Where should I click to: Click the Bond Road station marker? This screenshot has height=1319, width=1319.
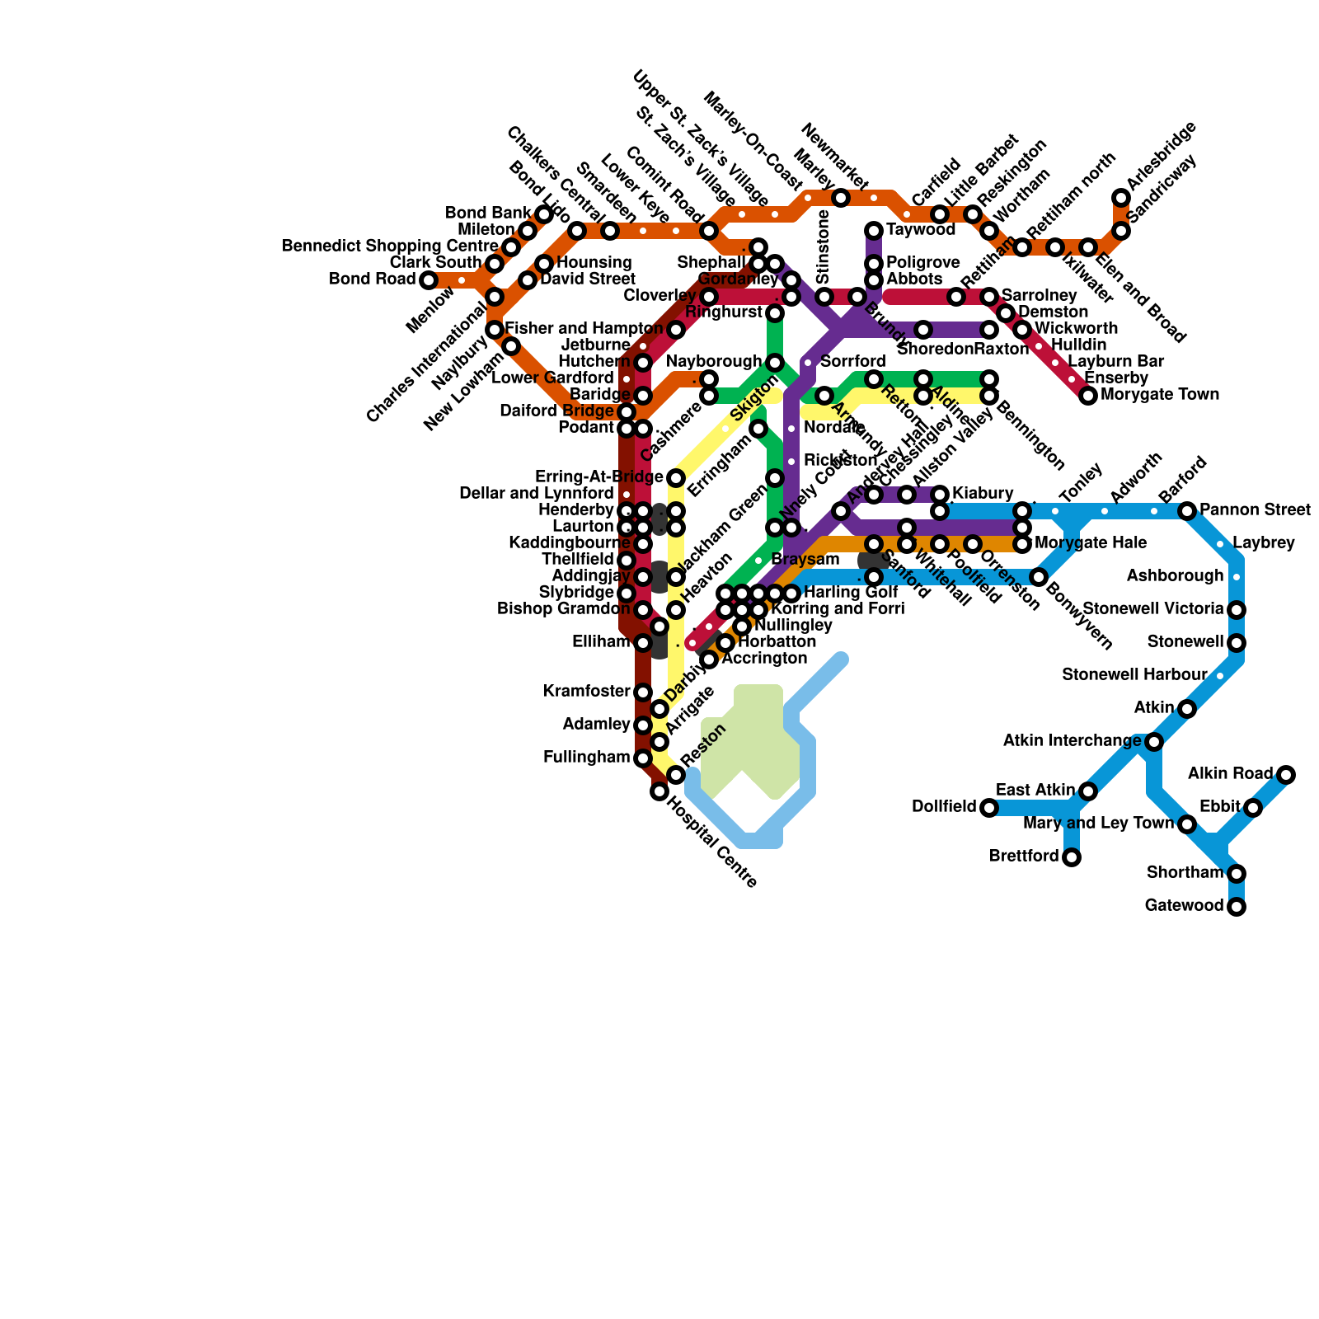point(429,280)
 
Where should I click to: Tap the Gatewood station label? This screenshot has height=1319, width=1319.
point(1184,906)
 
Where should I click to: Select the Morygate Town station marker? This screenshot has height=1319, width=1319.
point(1088,396)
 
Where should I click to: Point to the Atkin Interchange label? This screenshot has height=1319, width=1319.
point(1072,741)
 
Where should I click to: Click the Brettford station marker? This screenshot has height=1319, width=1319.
point(1072,857)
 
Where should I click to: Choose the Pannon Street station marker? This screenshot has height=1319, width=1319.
point(1187,511)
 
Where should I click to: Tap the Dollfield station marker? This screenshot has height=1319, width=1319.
point(989,808)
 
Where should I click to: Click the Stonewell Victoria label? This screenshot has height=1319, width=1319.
point(1152,609)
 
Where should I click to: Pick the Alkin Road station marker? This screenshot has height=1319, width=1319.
point(1286,775)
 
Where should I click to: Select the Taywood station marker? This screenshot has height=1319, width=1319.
point(874,231)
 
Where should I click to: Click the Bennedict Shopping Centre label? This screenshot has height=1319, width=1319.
point(390,246)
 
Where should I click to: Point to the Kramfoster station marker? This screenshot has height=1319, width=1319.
point(643,692)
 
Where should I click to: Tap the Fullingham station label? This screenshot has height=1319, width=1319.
point(587,758)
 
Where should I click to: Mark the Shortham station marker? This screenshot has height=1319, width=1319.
point(1237,874)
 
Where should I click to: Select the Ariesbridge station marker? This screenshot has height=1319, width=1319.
point(1121,198)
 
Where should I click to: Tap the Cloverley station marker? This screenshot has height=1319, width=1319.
point(709,297)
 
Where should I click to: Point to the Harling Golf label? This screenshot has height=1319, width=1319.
point(851,593)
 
